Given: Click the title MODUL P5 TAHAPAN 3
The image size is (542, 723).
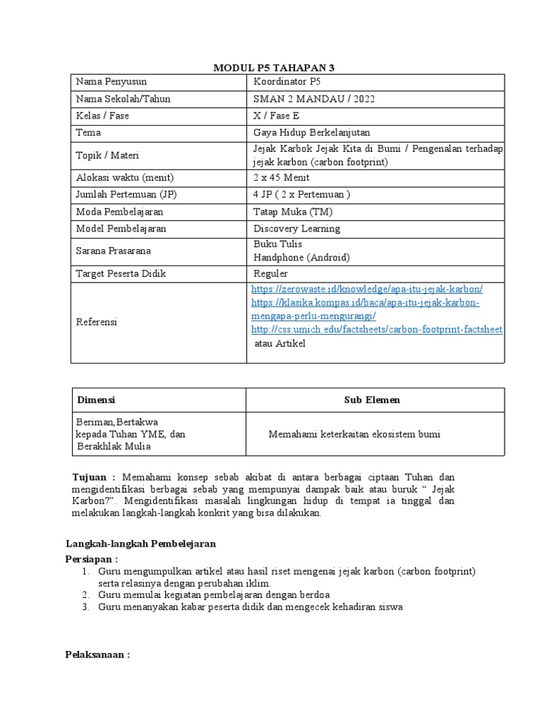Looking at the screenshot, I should pos(274,68).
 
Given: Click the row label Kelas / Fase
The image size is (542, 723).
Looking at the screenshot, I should pos(102,116).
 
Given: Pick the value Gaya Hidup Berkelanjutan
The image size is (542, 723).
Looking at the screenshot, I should pos(311,133).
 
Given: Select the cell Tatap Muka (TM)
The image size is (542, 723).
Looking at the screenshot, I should pos(293,212).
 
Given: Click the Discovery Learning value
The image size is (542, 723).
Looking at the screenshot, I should pos(296,229).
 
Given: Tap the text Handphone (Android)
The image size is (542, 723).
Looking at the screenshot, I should pos(301,258).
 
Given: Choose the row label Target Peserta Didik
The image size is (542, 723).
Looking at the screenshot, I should pos(121,273).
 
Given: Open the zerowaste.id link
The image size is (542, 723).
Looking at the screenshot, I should pos(367,289).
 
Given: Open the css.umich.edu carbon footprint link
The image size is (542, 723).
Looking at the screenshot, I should pos(376,330).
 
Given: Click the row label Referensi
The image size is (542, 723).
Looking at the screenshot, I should pos(97,322).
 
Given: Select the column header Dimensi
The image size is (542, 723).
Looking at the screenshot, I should pos(95,400).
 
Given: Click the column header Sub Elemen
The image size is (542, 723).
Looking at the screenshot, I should pos(372,400).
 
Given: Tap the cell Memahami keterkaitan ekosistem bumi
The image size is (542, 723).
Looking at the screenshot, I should pos(354,434).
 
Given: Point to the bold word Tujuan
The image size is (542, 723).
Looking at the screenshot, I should pos(93,476).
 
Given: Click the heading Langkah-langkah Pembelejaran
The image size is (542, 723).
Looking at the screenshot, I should pos(140,544).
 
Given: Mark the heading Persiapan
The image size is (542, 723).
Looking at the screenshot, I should pos(91,558).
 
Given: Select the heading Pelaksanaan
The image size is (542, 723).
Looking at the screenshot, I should pos(97,655).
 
